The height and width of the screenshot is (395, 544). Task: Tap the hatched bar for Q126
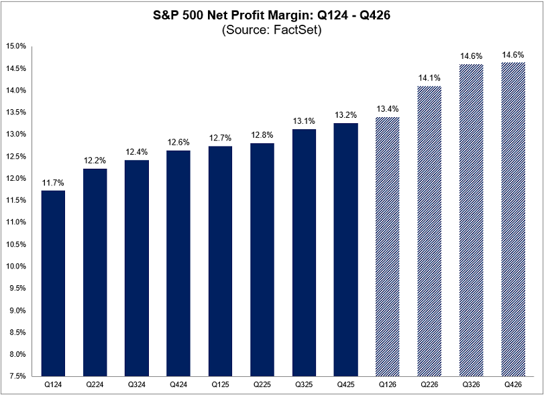point(387,246)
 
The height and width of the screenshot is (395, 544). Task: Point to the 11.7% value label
point(53,182)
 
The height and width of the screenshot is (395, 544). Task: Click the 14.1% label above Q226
point(429,78)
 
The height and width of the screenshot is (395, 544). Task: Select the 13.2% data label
point(345,114)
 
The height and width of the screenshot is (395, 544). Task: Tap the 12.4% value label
point(137,152)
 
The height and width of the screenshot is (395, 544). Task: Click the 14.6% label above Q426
point(512,54)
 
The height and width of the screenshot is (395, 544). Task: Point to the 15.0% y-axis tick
point(17,46)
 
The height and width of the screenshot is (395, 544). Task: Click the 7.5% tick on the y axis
point(18,376)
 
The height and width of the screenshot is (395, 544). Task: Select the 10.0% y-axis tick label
point(17,266)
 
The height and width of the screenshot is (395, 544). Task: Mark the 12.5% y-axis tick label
point(17,156)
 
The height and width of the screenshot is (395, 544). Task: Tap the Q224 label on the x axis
point(95,385)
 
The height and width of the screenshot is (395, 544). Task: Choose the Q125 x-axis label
point(220,385)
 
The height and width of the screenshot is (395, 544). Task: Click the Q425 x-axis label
point(345,385)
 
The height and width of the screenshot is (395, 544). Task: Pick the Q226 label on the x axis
point(429,385)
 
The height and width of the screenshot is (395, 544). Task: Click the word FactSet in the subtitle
point(299,29)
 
